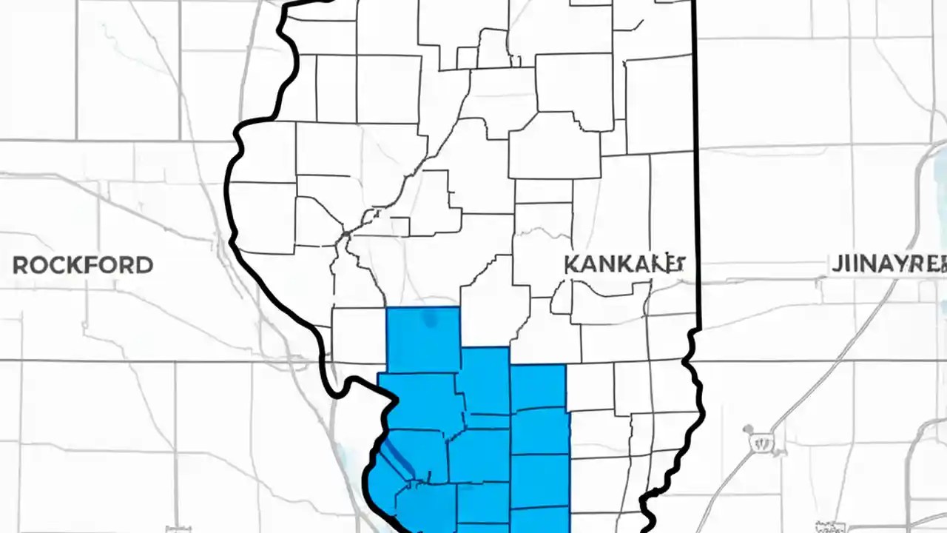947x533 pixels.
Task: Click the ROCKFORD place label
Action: (x=83, y=265)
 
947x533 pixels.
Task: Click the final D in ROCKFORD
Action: (x=144, y=265)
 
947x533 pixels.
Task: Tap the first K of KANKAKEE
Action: (x=572, y=264)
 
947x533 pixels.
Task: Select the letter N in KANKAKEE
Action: (x=607, y=264)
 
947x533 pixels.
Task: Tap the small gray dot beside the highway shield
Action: (x=748, y=429)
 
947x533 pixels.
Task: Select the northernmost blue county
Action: (x=423, y=339)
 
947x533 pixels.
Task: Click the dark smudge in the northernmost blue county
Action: (x=429, y=319)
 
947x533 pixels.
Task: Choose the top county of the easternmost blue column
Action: (x=538, y=386)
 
